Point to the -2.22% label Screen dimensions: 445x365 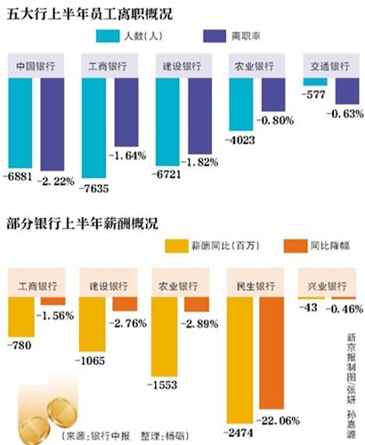tap(59, 181)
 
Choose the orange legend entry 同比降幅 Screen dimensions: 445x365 tap(293, 245)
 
